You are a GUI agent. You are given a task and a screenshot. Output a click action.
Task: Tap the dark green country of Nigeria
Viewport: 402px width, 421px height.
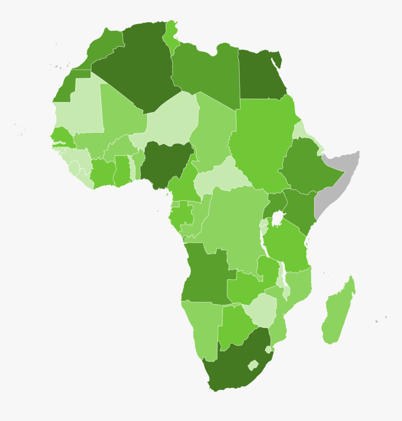[x=166, y=164]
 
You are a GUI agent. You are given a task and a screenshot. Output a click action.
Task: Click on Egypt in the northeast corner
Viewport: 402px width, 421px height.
[x=259, y=75]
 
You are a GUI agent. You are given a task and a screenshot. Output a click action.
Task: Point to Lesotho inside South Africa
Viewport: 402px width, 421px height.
[x=253, y=365]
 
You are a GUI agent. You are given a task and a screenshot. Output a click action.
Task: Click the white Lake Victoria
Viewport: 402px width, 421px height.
[x=278, y=218]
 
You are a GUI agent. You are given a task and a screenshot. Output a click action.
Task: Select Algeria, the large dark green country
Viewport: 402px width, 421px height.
[x=136, y=70]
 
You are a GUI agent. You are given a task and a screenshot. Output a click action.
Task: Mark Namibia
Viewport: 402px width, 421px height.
[x=201, y=327]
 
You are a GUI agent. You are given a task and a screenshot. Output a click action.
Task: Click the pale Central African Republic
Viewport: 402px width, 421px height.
[x=220, y=178]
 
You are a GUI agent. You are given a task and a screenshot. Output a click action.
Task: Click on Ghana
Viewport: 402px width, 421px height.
[x=122, y=171]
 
